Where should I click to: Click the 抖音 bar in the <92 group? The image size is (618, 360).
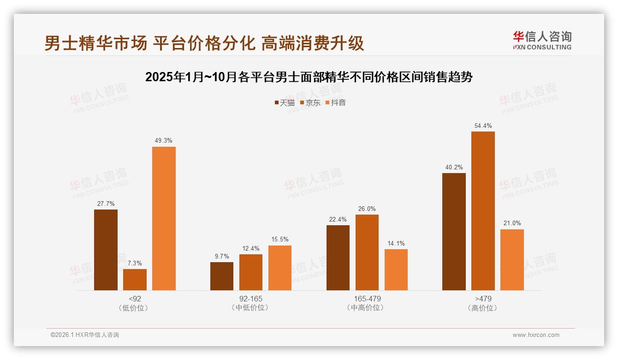[164, 218]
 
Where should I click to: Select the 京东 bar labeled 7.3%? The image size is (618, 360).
[135, 280]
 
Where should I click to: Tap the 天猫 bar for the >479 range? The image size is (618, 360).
[454, 232]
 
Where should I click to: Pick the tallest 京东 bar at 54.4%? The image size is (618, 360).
[483, 211]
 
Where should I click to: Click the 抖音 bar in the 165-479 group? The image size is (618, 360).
[396, 270]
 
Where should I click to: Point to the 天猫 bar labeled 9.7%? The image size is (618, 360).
[222, 276]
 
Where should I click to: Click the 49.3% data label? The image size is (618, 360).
[164, 141]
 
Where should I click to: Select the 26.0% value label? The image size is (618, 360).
[367, 209]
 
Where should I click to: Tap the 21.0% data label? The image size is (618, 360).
[512, 223]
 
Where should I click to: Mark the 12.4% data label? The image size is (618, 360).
[251, 249]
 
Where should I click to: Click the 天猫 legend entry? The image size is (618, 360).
[285, 103]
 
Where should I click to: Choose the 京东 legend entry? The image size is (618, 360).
[310, 103]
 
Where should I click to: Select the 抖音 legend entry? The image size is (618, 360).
[336, 103]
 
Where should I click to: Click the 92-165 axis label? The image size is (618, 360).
[251, 299]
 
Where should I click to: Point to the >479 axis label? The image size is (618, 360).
[483, 299]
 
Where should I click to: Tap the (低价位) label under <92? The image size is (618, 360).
[135, 307]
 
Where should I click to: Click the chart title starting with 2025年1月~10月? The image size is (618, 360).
[309, 77]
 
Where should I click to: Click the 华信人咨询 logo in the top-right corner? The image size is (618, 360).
[542, 40]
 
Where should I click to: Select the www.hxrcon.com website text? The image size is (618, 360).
[536, 335]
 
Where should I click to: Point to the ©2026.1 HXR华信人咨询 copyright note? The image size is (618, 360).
[85, 335]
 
